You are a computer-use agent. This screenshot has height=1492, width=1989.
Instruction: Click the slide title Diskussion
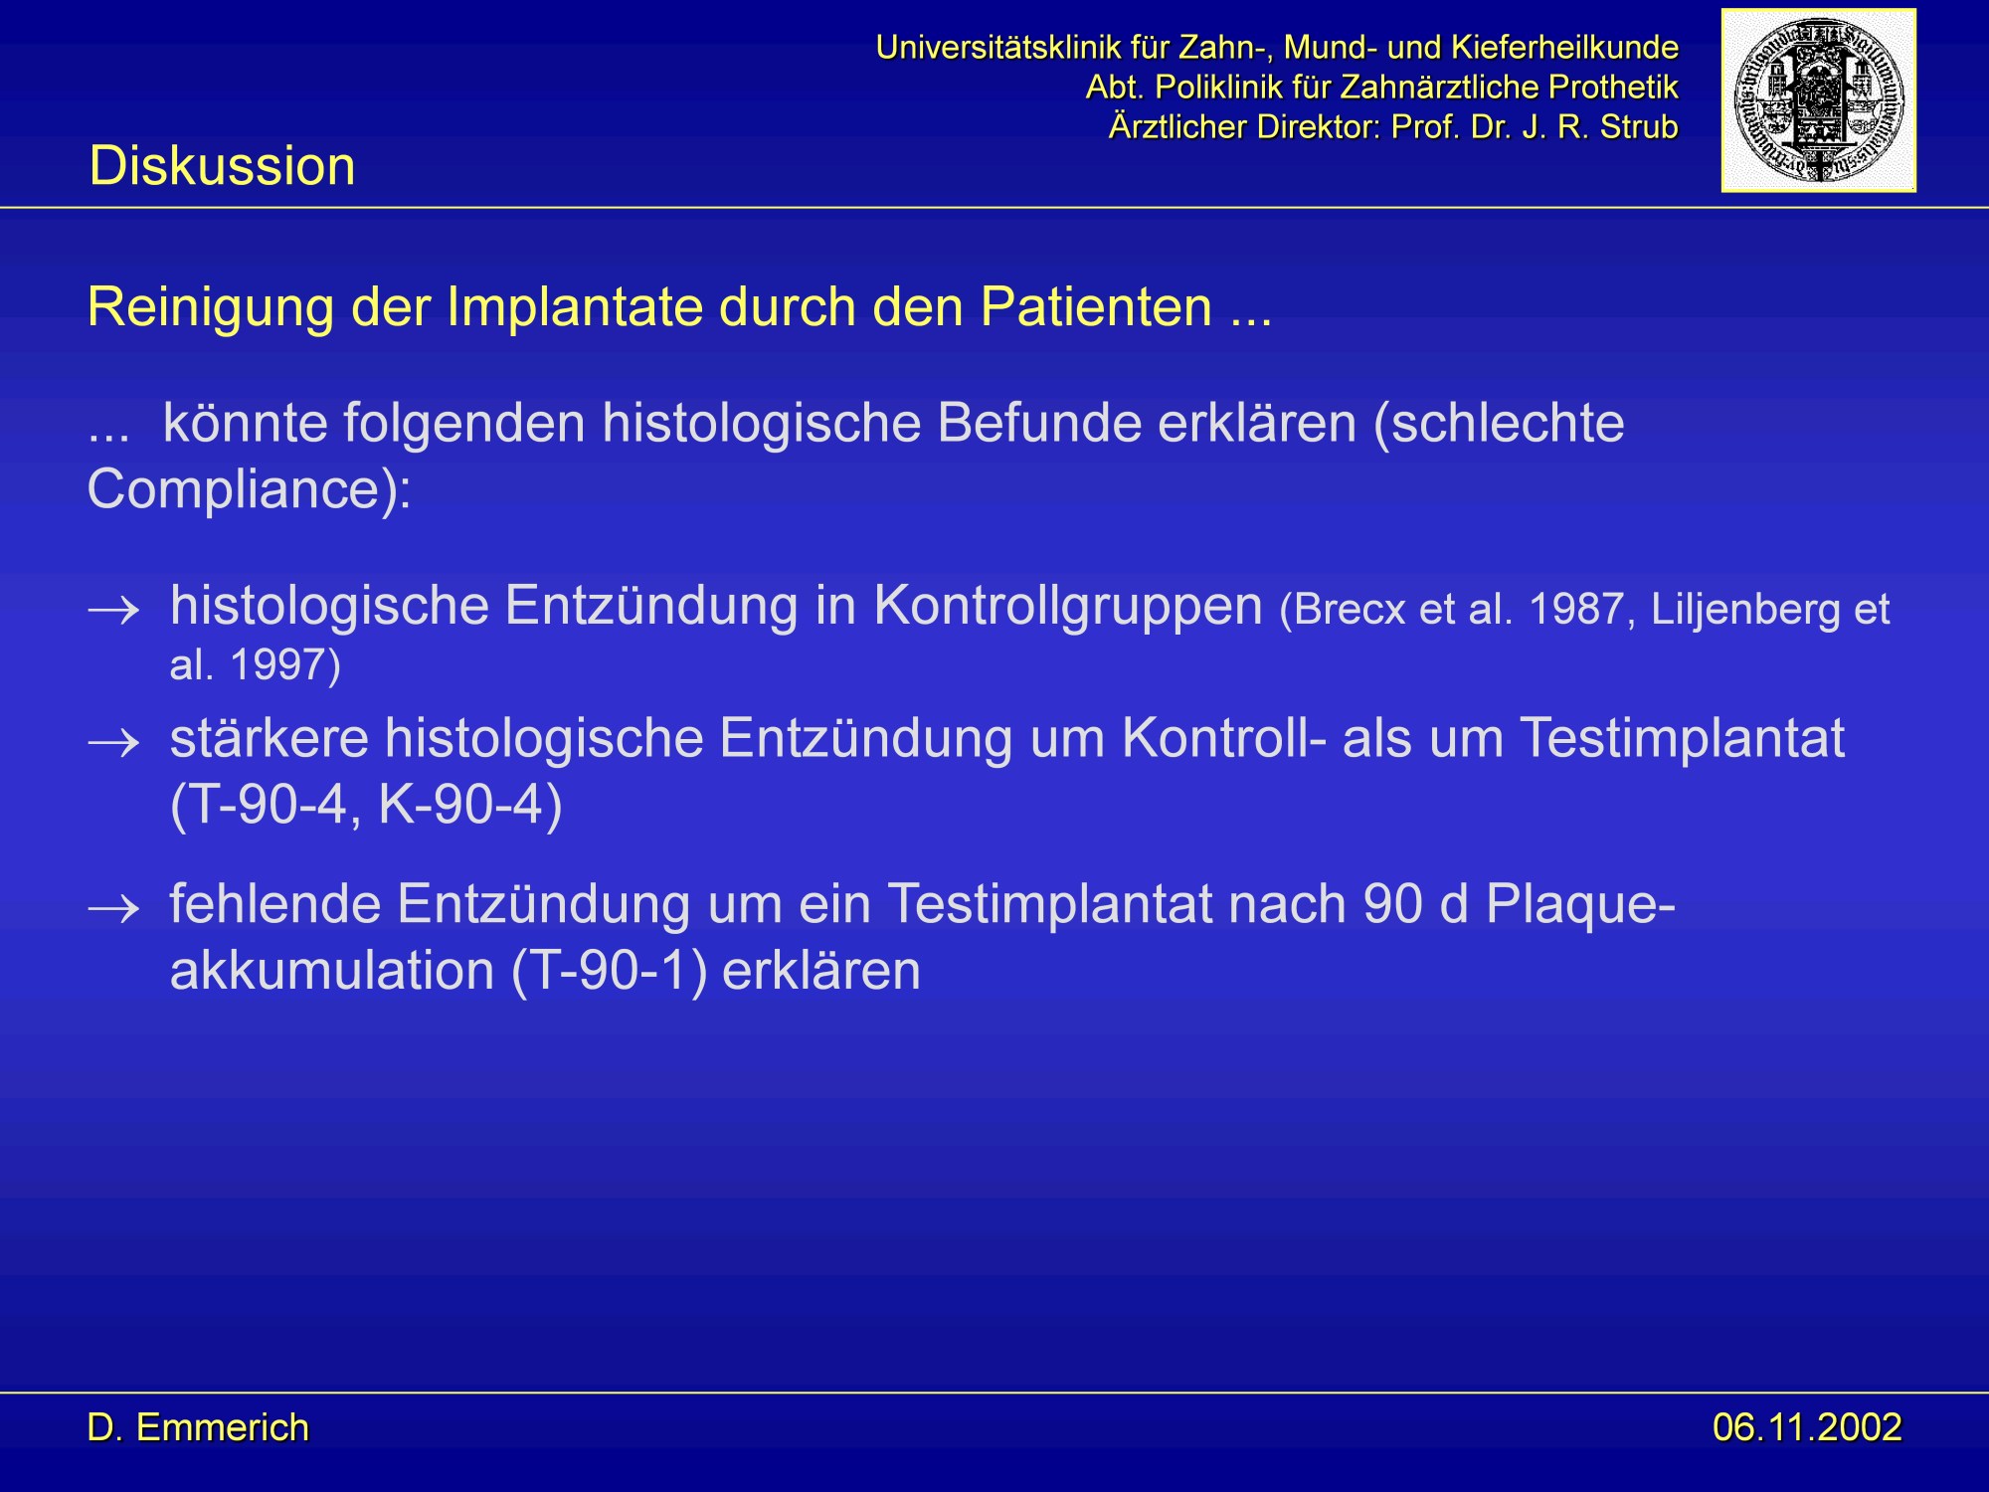222,165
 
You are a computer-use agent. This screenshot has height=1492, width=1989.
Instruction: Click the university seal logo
1818,99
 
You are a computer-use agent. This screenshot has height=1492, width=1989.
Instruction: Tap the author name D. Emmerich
198,1427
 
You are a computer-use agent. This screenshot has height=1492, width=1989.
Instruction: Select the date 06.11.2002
1807,1427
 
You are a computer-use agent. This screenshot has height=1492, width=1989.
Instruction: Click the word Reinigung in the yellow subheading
210,308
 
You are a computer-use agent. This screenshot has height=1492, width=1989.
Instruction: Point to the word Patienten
1097,306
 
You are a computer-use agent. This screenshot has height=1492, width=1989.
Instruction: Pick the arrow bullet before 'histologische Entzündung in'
113,610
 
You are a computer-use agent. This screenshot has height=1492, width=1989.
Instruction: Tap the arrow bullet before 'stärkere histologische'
113,743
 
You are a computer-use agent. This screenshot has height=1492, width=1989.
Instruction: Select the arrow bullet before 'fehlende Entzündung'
113,909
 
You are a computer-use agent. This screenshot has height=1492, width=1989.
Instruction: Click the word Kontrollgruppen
1068,607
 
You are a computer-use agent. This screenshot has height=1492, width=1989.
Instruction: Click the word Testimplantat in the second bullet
1683,739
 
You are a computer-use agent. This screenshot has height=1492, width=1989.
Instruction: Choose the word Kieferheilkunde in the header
1564,47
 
